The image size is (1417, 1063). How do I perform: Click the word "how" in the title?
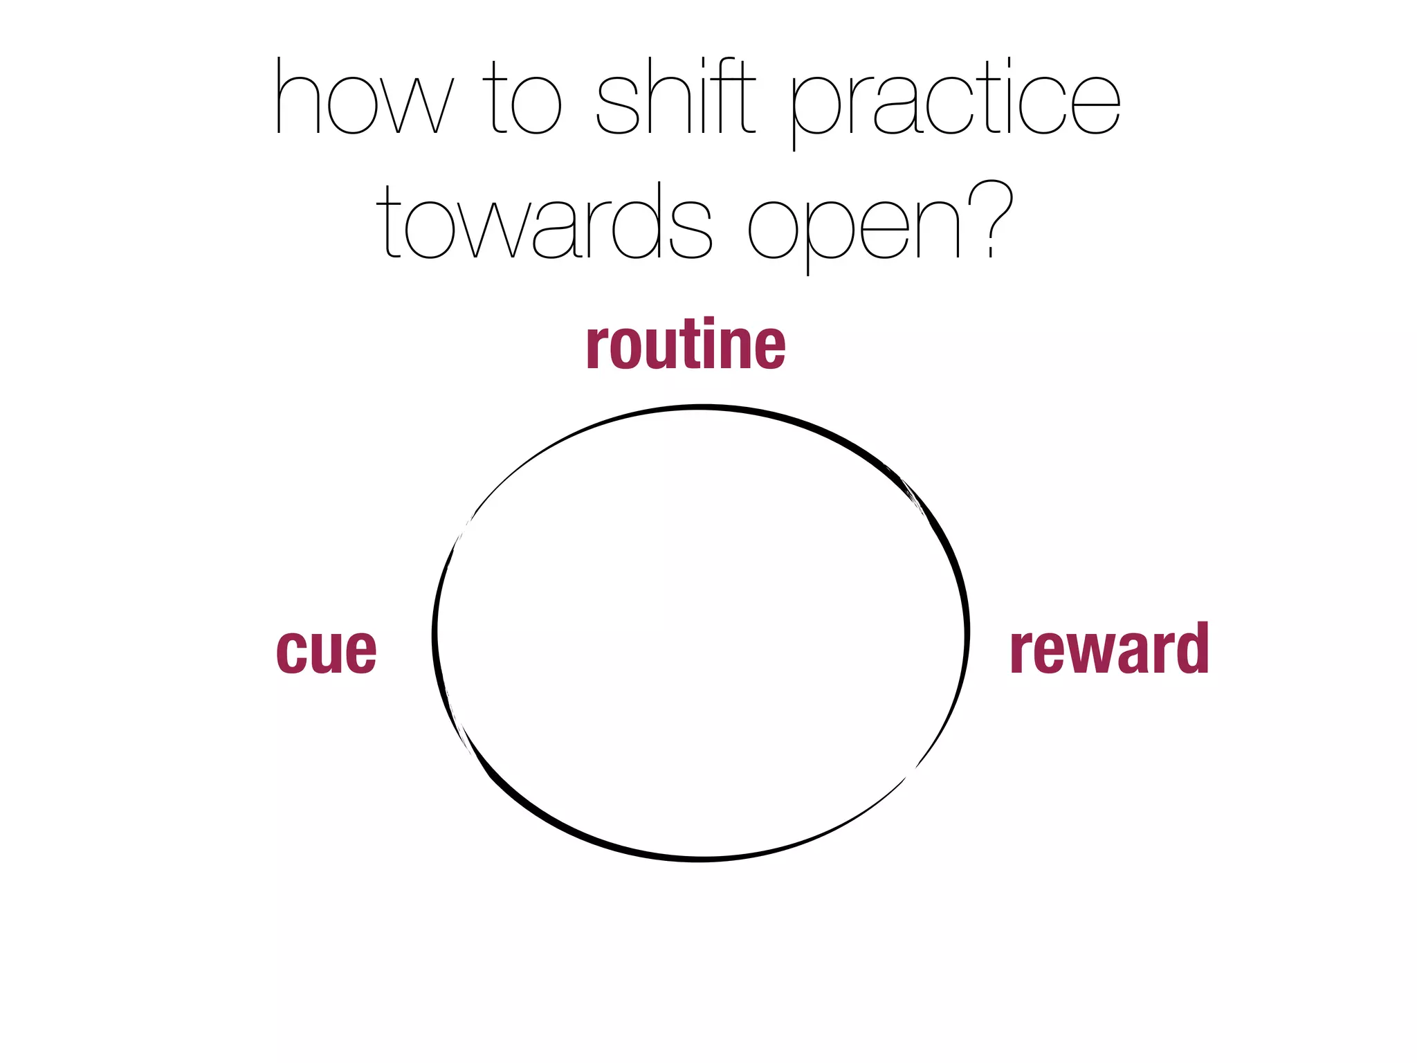[x=365, y=97]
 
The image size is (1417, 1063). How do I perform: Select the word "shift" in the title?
[x=675, y=97]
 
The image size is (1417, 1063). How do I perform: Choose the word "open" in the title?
[x=855, y=226]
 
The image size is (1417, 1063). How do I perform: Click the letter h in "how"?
[x=297, y=97]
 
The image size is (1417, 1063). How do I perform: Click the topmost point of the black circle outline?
[x=700, y=408]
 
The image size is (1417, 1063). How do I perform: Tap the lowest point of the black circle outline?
[x=700, y=859]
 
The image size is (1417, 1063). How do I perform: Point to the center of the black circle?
[x=700, y=633]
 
